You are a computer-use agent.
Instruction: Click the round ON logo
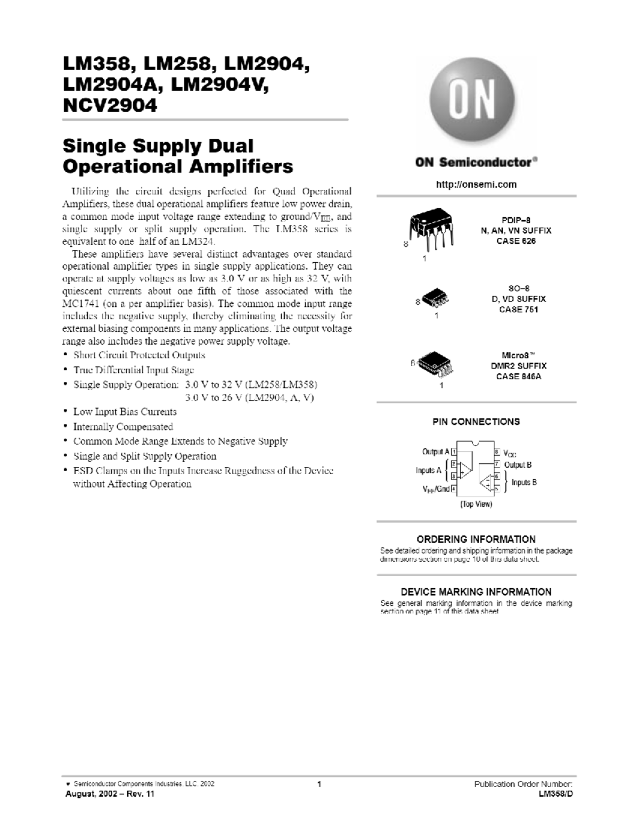(472, 99)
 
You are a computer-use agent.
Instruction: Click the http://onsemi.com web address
(476, 185)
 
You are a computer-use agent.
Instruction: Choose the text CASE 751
(518, 309)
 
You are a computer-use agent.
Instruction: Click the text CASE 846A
(518, 377)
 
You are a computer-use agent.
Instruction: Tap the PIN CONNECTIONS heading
(476, 422)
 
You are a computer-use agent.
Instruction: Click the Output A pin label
(436, 452)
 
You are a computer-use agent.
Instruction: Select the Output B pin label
(518, 465)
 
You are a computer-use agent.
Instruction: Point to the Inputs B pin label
(524, 482)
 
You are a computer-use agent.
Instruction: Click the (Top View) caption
(476, 504)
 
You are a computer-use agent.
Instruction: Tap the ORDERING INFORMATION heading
(476, 539)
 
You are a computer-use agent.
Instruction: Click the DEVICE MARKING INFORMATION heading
(476, 592)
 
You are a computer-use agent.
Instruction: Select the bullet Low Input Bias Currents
(125, 412)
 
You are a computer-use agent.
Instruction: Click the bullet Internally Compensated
(123, 427)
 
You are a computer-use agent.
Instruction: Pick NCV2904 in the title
(110, 105)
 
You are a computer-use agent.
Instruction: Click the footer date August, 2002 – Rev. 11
(110, 794)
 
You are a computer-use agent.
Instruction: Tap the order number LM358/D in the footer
(556, 794)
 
